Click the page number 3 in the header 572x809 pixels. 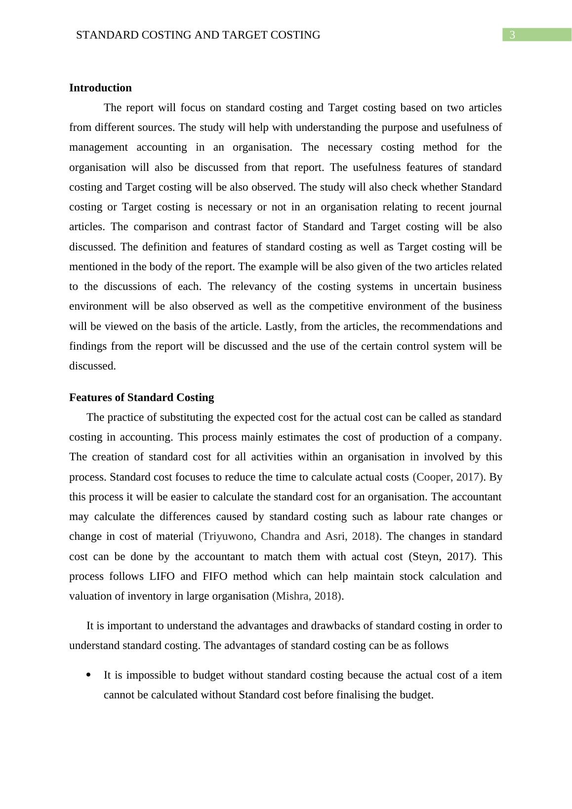tap(512, 35)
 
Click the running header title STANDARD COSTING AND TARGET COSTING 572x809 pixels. tap(198, 35)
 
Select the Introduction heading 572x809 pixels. tap(100, 88)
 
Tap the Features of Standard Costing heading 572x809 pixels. tap(141, 398)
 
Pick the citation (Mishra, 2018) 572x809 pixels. tap(307, 596)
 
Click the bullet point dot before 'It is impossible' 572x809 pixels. tap(89, 675)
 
